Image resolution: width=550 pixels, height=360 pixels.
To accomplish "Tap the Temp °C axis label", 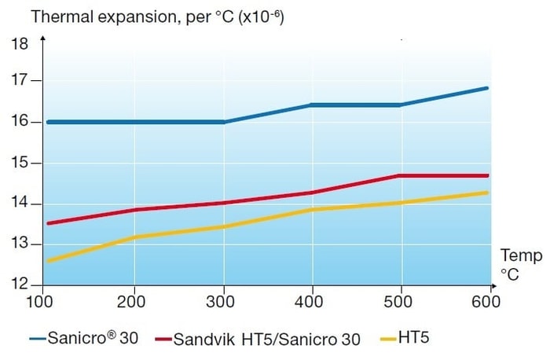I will coord(520,263).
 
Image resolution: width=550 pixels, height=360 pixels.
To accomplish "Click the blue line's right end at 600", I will coord(487,88).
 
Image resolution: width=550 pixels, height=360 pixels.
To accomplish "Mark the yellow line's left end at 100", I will coord(49,261).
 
